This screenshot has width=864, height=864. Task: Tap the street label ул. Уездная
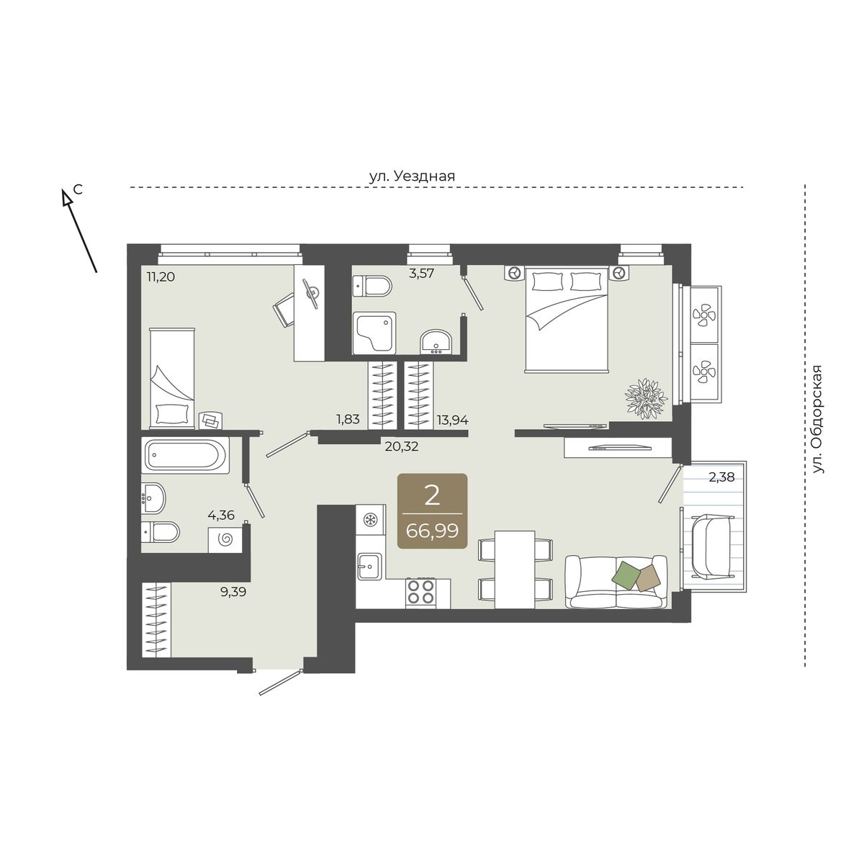pyautogui.click(x=412, y=176)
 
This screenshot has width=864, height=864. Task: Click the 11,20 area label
pyautogui.click(x=161, y=276)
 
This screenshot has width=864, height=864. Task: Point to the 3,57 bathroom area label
pyautogui.click(x=421, y=273)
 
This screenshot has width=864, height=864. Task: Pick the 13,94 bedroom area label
pyautogui.click(x=452, y=420)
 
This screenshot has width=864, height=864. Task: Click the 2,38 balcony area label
pyautogui.click(x=722, y=477)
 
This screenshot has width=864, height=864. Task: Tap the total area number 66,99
pyautogui.click(x=432, y=531)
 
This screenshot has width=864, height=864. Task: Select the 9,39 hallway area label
pyautogui.click(x=233, y=593)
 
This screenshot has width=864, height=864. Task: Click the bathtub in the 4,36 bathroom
pyautogui.click(x=185, y=455)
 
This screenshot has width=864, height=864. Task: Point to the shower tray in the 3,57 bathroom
pyautogui.click(x=374, y=333)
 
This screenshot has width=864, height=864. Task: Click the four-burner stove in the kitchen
pyautogui.click(x=420, y=593)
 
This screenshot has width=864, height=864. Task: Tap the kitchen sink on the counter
pyautogui.click(x=370, y=567)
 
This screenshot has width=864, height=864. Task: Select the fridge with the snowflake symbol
pyautogui.click(x=370, y=520)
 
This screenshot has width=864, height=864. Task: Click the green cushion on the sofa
pyautogui.click(x=627, y=577)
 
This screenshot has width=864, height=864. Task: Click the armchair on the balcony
pyautogui.click(x=713, y=546)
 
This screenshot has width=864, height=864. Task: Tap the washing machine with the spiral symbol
pyautogui.click(x=225, y=539)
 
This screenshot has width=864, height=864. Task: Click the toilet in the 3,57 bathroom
pyautogui.click(x=372, y=286)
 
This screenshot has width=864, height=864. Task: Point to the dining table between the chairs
pyautogui.click(x=515, y=570)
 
